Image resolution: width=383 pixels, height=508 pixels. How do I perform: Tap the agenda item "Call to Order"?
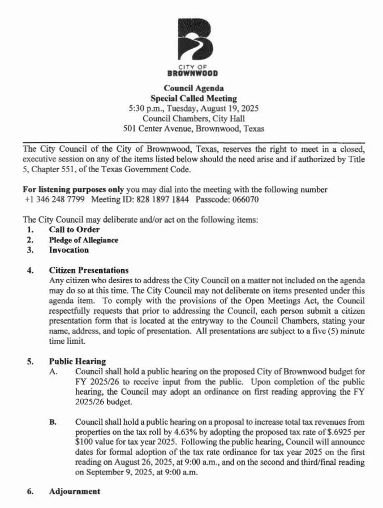[x=74, y=229]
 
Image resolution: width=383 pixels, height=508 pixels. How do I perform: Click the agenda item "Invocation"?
[x=68, y=250]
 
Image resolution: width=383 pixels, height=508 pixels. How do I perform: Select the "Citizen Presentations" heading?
[x=88, y=270]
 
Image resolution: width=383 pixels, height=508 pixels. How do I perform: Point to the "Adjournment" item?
[x=74, y=491]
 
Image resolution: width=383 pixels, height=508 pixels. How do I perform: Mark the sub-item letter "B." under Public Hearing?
[x=53, y=422]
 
